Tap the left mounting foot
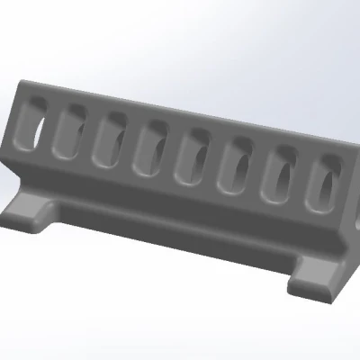click(31, 212)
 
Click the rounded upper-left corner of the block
click(20, 88)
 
